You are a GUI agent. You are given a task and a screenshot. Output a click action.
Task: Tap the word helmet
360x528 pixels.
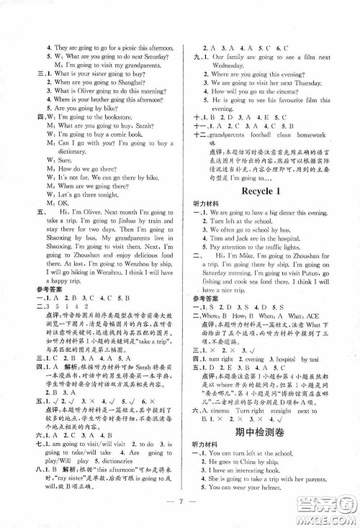[x=300, y=488]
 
